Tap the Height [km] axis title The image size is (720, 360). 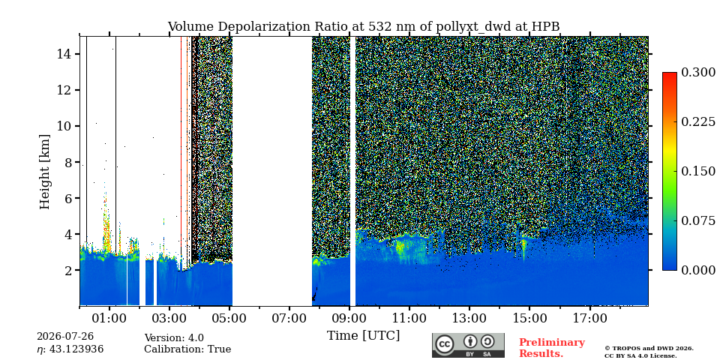tap(44, 172)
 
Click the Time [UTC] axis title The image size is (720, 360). tap(363, 336)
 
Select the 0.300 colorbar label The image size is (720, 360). tap(698, 72)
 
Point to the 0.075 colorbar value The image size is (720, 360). tap(698, 220)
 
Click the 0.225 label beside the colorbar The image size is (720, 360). tap(698, 121)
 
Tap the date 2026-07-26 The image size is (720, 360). tap(64, 337)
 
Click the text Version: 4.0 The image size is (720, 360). tap(174, 338)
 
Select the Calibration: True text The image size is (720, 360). tap(187, 349)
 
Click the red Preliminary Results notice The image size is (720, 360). tap(552, 347)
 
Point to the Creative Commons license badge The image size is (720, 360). tap(468, 345)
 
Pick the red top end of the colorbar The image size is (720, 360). tap(670, 73)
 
